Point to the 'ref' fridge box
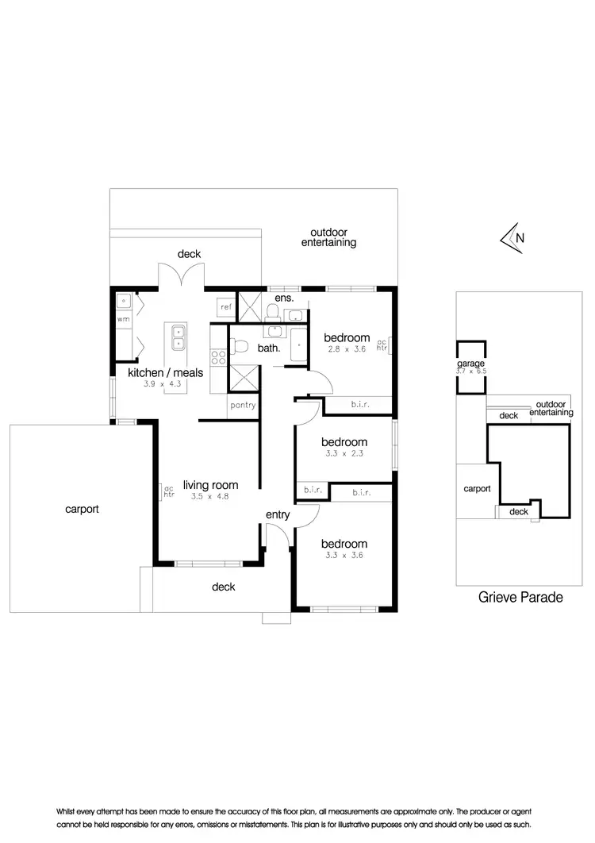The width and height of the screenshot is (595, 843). [x=226, y=306]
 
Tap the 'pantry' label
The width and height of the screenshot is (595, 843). [x=243, y=405]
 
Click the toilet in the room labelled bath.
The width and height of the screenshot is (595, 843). [x=240, y=346]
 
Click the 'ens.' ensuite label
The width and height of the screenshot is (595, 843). [x=285, y=298]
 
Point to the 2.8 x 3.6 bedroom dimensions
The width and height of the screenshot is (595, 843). [x=347, y=351]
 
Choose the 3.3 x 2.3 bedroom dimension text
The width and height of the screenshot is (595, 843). [x=344, y=455]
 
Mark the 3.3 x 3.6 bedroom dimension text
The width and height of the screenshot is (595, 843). [x=344, y=557]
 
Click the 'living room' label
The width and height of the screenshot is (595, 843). [x=210, y=485]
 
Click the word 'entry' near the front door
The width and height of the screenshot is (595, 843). [x=278, y=515]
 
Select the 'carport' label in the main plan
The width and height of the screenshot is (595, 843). [x=82, y=509]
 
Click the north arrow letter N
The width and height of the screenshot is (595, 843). [x=520, y=237]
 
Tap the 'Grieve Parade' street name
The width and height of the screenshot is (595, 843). [x=521, y=598]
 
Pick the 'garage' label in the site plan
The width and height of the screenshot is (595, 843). [x=470, y=363]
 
